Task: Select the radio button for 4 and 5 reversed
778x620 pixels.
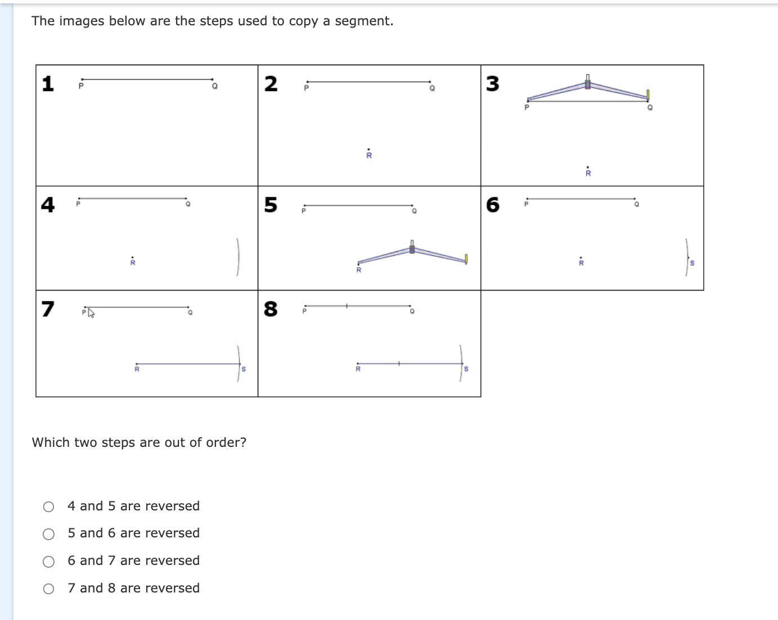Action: point(49,507)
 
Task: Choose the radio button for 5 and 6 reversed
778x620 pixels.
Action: point(49,534)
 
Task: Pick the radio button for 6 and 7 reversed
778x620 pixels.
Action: point(49,562)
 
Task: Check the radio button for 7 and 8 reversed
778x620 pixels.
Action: point(49,589)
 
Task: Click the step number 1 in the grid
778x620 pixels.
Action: point(48,84)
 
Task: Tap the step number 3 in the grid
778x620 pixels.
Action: point(492,84)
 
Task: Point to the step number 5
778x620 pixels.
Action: point(271,205)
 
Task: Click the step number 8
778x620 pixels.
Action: point(271,309)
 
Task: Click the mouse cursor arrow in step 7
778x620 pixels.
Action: point(91,313)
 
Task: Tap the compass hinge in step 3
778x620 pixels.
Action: point(587,84)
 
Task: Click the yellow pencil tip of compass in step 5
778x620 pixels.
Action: point(466,259)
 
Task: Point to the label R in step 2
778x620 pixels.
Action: point(369,156)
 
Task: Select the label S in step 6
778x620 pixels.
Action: point(692,263)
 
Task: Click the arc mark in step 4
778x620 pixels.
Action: point(238,257)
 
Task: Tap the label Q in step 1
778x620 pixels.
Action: point(214,87)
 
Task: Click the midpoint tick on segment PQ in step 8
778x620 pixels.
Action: point(347,306)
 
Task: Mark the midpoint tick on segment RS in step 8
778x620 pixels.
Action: point(399,364)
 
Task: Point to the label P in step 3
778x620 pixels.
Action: point(527,107)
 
